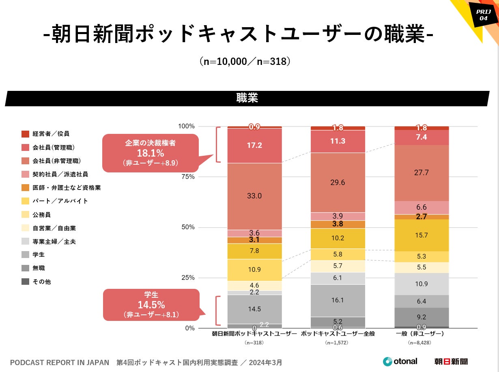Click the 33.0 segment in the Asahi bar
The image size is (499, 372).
[254, 196]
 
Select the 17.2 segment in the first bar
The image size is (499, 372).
[254, 145]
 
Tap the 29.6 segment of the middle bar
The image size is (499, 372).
[338, 183]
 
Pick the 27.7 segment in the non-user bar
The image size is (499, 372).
[422, 173]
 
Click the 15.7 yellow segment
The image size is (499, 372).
[422, 235]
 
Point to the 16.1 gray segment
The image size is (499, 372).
[338, 300]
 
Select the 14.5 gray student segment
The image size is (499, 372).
[254, 309]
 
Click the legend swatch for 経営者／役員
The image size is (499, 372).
[26, 134]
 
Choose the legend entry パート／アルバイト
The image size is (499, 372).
[60, 201]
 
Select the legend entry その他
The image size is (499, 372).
[42, 282]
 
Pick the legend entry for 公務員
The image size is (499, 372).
[42, 215]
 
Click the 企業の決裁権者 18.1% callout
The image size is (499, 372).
[150, 153]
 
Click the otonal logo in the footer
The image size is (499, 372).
[400, 361]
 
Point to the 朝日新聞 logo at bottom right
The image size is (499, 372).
[451, 361]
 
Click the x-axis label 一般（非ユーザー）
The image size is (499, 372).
[419, 334]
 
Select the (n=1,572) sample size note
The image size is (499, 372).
[338, 343]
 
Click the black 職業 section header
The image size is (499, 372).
[247, 99]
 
